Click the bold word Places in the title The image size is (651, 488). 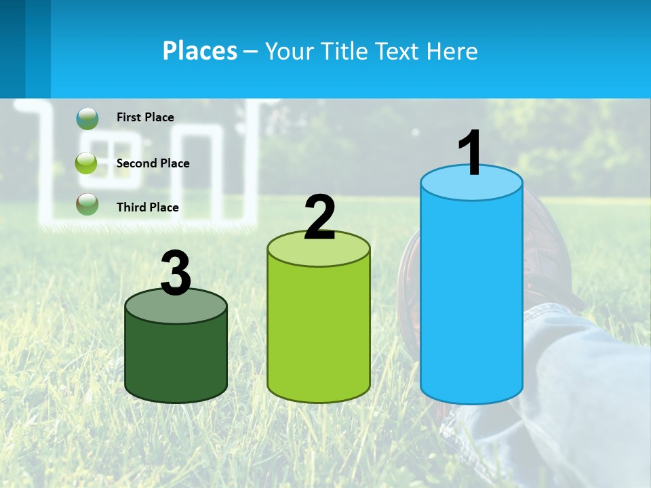click(x=200, y=51)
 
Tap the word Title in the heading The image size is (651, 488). click(x=345, y=51)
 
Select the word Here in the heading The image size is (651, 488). click(x=453, y=51)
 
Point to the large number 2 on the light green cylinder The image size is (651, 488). click(x=319, y=218)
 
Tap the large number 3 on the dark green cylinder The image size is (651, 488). click(x=176, y=274)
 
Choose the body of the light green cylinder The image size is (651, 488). click(x=319, y=332)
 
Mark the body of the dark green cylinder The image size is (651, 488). click(x=176, y=359)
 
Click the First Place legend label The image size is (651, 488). click(x=145, y=117)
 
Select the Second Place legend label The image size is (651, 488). click(x=153, y=163)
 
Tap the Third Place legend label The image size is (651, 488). click(x=147, y=207)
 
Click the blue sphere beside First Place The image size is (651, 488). click(x=87, y=118)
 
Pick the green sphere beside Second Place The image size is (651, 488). click(x=86, y=163)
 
